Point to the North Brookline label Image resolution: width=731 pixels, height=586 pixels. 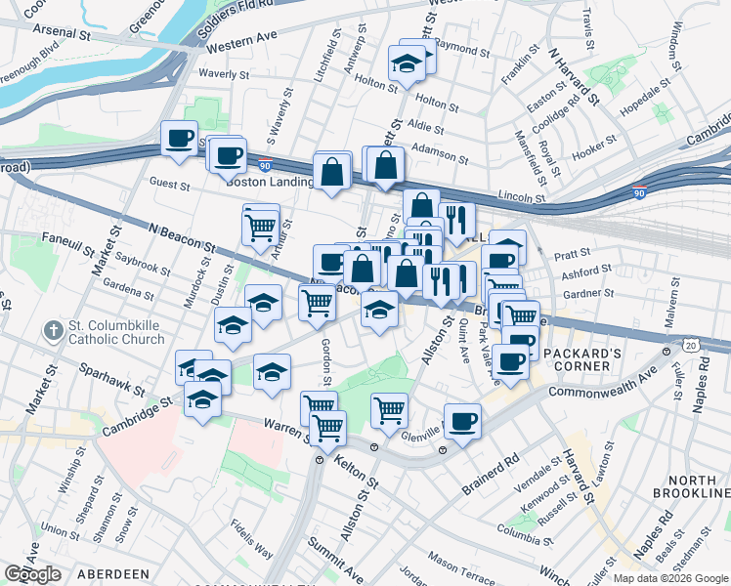click(693, 488)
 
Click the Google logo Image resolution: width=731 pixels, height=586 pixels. click(33, 573)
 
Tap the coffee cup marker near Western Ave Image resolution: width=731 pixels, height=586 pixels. click(179, 138)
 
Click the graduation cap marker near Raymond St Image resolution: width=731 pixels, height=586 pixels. click(406, 64)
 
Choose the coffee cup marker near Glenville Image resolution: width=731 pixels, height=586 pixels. click(462, 421)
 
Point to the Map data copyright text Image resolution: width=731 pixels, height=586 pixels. click(670, 578)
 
